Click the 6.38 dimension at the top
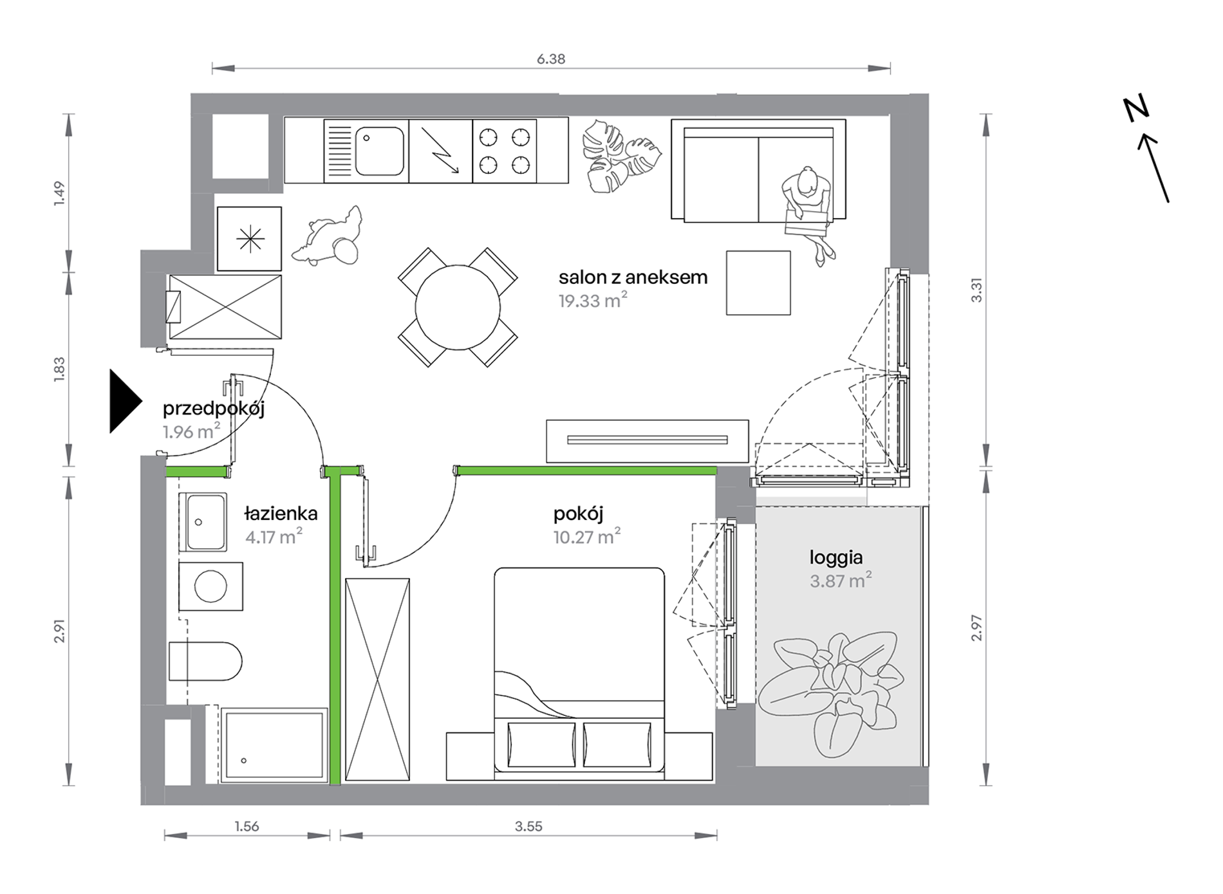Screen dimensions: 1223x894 (x=551, y=59)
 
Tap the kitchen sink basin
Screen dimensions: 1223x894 (x=379, y=151)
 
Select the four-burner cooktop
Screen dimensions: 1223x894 (x=505, y=151)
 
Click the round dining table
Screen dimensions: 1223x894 (x=458, y=308)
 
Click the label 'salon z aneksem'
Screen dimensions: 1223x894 (x=633, y=277)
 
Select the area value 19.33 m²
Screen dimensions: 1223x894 (x=593, y=301)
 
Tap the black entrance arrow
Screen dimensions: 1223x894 (x=125, y=401)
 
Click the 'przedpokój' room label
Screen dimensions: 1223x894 (x=214, y=409)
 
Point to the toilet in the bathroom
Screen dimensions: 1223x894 (x=205, y=661)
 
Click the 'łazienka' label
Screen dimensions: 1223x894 (x=281, y=514)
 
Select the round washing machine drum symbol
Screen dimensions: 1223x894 (x=210, y=586)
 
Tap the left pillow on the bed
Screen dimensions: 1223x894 (x=541, y=745)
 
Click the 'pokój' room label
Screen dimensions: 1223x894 (x=578, y=514)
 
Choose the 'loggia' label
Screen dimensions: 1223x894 (x=836, y=557)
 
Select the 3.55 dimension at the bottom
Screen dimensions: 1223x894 (x=528, y=826)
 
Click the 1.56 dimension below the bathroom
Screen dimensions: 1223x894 (x=247, y=826)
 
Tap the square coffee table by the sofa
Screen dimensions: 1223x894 (x=758, y=283)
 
